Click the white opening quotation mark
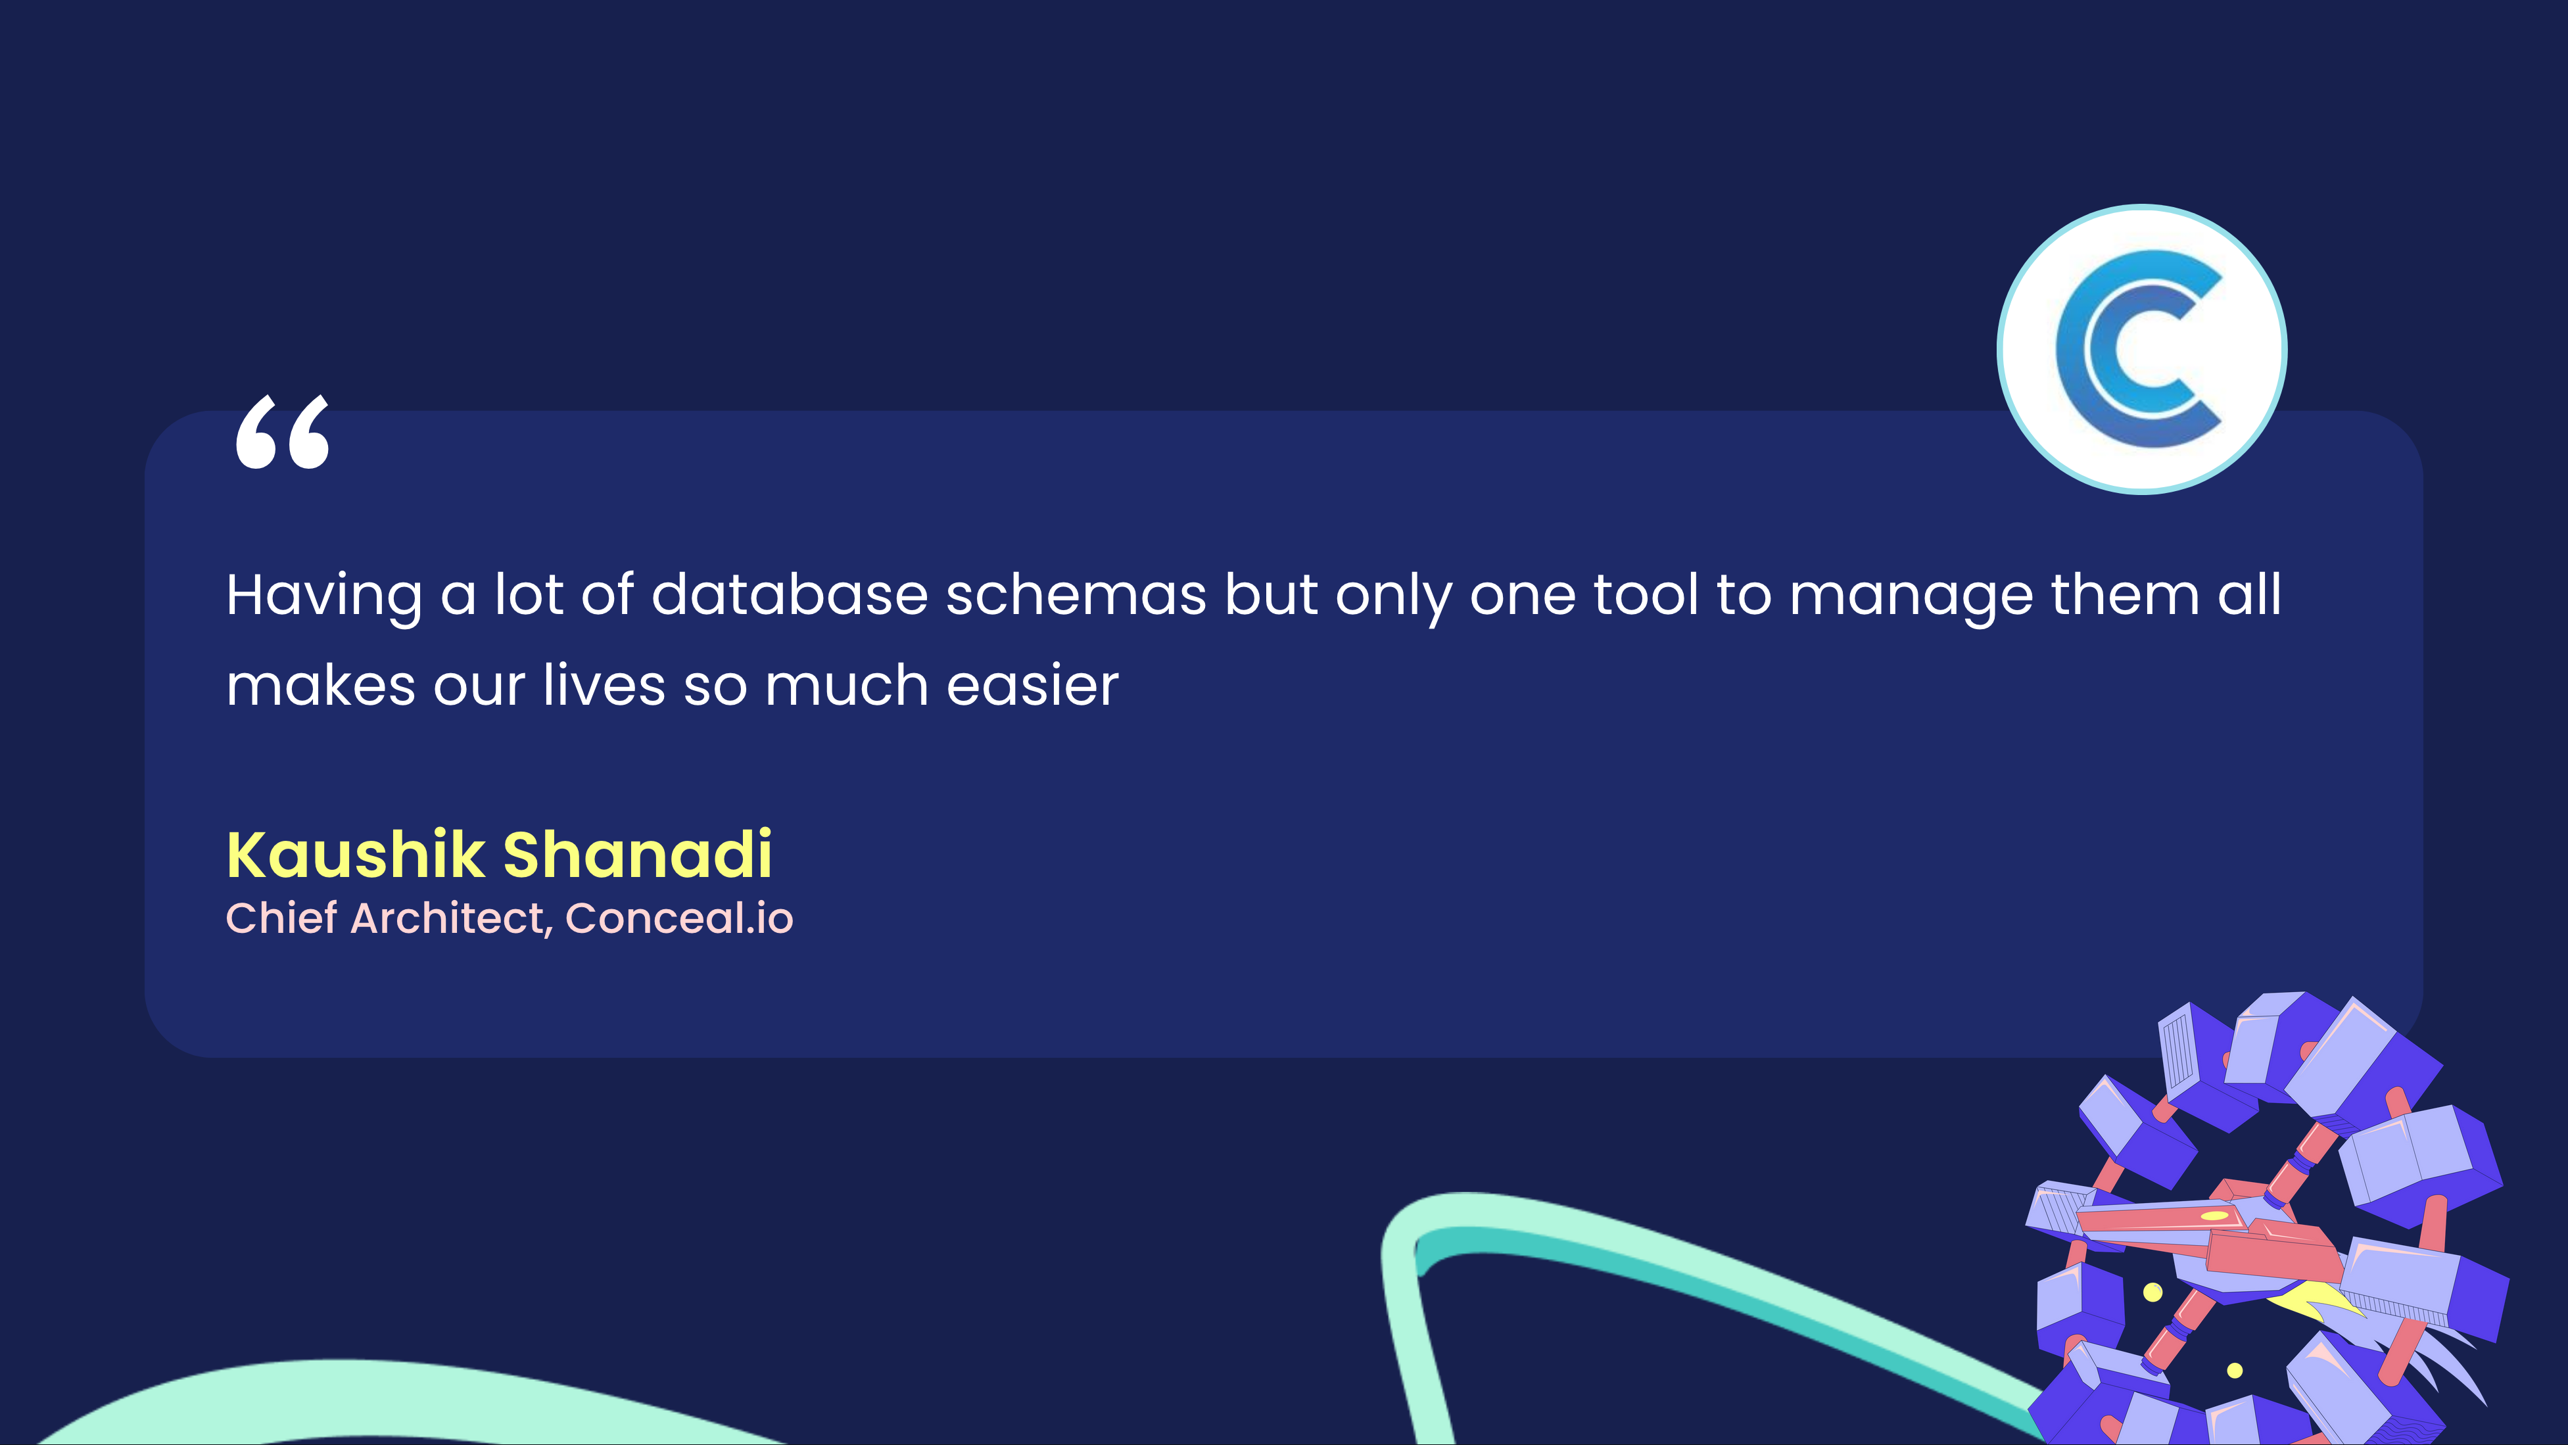(282, 431)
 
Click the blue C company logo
(2141, 349)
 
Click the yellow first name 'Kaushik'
(355, 855)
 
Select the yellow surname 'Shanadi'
(638, 855)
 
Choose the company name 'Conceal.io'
(679, 918)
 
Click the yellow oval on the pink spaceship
(2214, 1216)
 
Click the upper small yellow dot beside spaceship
(2152, 1292)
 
